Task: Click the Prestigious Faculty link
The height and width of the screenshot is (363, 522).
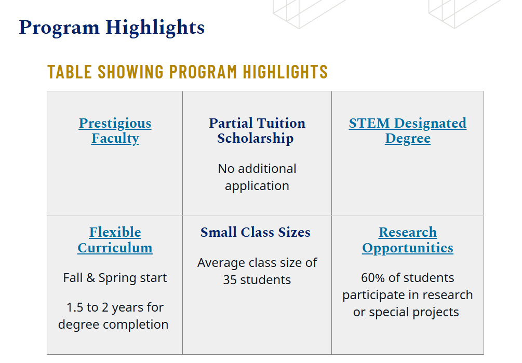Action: [115, 131]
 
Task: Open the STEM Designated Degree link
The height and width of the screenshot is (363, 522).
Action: [408, 131]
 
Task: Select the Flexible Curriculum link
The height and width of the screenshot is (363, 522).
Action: [115, 240]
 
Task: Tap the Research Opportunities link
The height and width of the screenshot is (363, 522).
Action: [408, 240]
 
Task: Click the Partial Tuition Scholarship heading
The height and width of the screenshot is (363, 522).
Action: [257, 131]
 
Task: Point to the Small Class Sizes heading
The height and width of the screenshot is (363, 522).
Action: [256, 232]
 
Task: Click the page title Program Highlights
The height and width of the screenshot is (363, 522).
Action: [112, 28]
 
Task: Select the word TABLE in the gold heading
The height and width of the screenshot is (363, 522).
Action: [70, 72]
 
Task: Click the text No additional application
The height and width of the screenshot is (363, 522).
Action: [257, 177]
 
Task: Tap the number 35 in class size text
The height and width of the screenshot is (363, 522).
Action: [230, 280]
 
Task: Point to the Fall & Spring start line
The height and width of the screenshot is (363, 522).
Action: [115, 278]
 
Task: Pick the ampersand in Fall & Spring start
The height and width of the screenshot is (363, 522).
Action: [90, 278]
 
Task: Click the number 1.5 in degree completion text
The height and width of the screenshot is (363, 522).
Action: [75, 307]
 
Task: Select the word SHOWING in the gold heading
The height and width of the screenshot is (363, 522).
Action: [131, 72]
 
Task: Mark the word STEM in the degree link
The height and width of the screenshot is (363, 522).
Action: [369, 123]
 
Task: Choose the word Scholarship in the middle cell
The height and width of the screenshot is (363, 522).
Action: [256, 139]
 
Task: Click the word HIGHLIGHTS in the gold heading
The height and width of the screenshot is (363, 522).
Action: [285, 72]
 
